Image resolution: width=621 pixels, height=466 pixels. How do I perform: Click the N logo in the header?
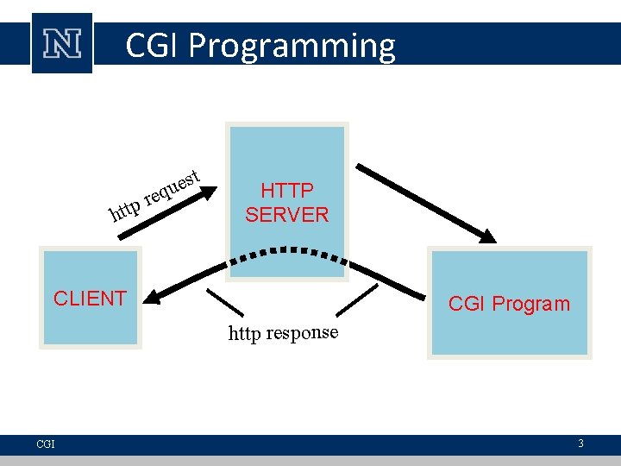point(62,44)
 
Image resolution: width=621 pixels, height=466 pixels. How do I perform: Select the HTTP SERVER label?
point(286,202)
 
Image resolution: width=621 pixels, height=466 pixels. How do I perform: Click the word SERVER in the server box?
point(286,214)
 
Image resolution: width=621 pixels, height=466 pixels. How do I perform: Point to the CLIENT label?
point(90,299)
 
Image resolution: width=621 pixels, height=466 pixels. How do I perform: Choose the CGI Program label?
point(509,304)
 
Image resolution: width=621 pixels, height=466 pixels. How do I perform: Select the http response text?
point(283,333)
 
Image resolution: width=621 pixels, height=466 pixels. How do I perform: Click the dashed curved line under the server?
point(285,252)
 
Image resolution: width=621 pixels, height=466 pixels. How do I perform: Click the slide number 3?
point(581,444)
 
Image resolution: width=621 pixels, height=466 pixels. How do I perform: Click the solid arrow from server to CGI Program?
point(423,198)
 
